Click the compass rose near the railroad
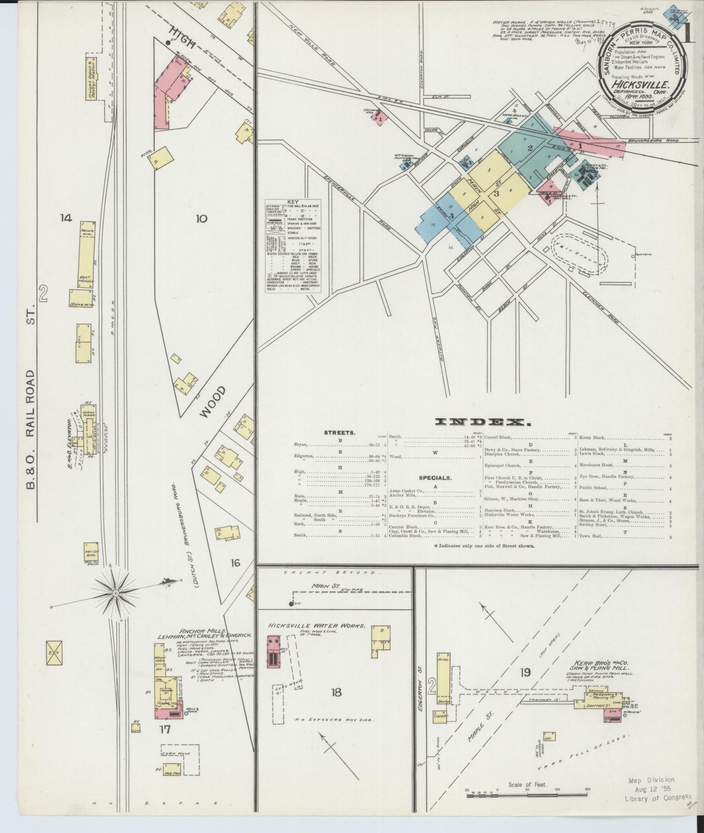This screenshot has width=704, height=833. click(115, 595)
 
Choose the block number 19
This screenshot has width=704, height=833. click(525, 672)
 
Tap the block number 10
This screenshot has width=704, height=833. click(201, 219)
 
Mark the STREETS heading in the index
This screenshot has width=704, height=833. click(340, 432)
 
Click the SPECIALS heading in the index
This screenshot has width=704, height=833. click(435, 478)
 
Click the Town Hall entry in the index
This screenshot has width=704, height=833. click(591, 536)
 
